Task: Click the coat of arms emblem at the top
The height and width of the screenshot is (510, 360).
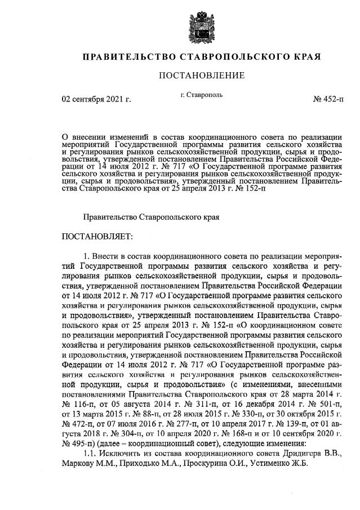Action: [x=180, y=25]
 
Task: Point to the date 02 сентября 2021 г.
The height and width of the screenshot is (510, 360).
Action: [x=96, y=100]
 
